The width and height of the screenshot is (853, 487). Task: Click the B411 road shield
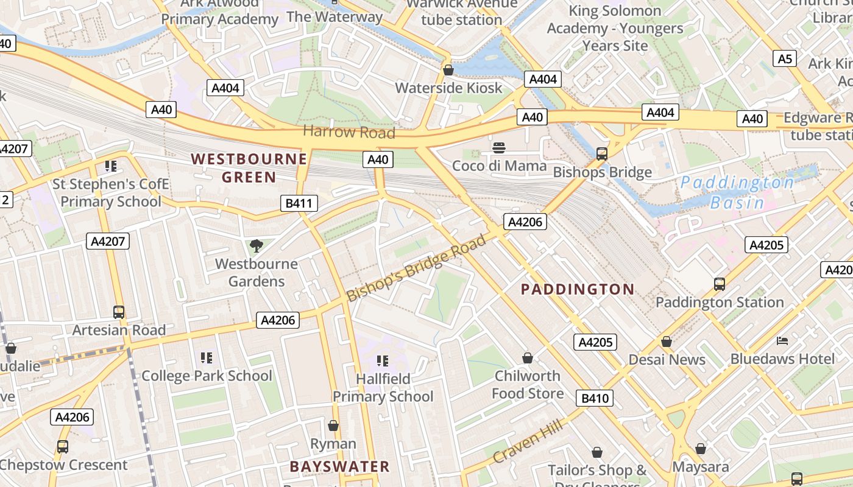299,203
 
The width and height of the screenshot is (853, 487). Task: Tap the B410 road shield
595,399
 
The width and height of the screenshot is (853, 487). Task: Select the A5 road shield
785,58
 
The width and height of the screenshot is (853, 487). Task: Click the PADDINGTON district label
578,289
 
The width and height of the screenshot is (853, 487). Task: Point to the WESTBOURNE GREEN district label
249,168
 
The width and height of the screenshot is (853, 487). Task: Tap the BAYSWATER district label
339,467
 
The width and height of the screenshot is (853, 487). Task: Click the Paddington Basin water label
737,192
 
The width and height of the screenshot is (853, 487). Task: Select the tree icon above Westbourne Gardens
257,246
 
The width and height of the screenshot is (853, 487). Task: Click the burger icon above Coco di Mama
499,148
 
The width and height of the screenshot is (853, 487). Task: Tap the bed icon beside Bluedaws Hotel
782,341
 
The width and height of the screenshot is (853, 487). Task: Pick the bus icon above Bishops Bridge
602,154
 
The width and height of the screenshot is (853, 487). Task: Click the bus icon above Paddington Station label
720,284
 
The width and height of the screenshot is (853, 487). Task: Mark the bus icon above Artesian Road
119,312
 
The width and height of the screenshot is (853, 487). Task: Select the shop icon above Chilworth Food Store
527,358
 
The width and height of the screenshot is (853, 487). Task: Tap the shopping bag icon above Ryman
333,426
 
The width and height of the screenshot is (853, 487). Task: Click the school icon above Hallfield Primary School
383,361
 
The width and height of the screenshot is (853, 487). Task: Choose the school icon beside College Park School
207,358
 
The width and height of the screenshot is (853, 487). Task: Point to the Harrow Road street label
349,131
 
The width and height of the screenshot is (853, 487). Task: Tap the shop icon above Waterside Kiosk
448,70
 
